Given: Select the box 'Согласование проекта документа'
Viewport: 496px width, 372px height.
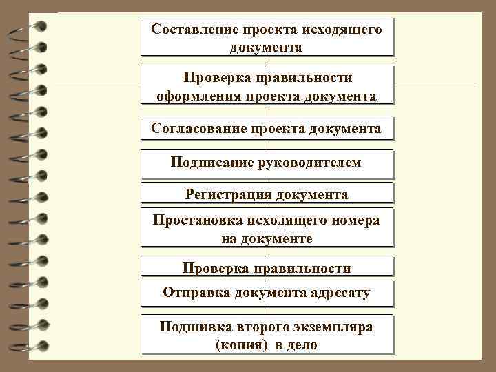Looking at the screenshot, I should (267, 129).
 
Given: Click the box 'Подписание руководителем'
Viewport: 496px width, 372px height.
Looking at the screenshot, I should (267, 163).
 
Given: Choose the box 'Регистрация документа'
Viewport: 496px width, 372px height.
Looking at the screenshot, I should (267, 194).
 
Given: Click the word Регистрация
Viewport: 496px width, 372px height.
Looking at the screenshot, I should (229, 194).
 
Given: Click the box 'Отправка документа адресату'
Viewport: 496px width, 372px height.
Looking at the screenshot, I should (267, 292).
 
